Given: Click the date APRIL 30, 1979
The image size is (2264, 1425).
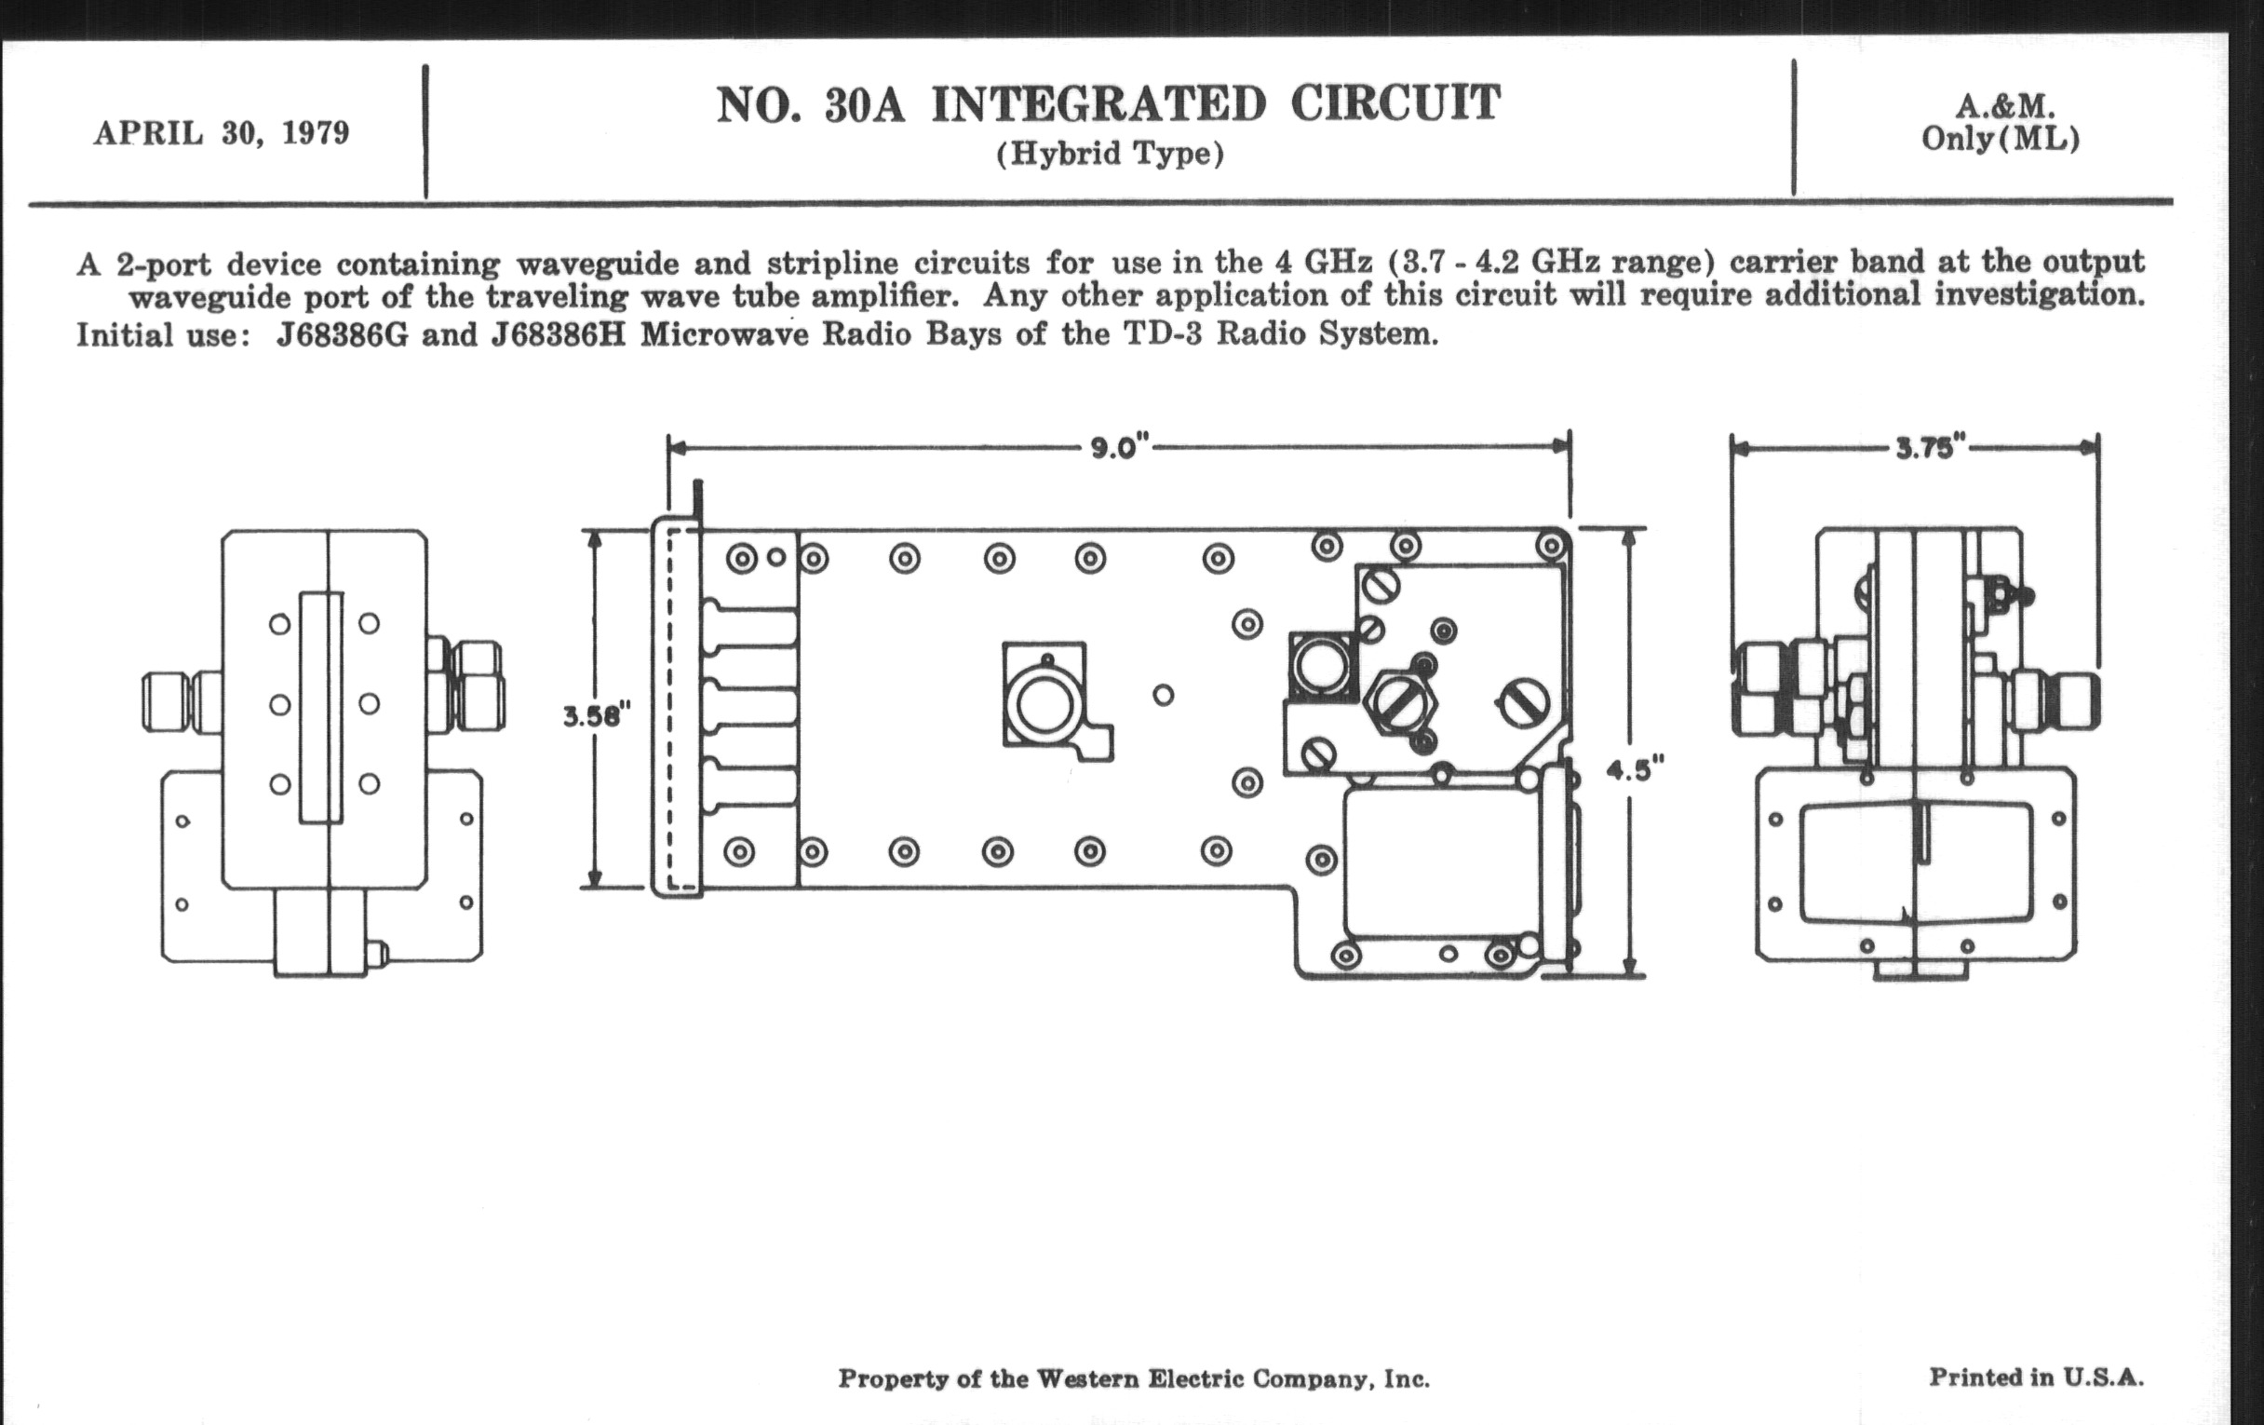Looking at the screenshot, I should [221, 133].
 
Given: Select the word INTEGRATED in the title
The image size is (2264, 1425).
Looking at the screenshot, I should [1098, 104].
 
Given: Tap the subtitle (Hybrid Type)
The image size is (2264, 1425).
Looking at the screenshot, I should [1111, 154].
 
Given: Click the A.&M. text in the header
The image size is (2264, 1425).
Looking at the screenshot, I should [2004, 105].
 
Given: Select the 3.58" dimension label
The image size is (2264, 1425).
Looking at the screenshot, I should [591, 717].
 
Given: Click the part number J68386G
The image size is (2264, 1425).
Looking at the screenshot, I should [343, 335].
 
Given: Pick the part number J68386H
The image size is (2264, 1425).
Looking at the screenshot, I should [559, 335].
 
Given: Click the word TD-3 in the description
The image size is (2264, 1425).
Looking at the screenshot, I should [1162, 335].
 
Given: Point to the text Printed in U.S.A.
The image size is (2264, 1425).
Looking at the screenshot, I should [2037, 1378].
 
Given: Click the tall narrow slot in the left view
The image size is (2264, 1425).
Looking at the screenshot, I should [320, 707].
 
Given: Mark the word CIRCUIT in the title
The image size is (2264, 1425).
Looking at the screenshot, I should [1395, 103].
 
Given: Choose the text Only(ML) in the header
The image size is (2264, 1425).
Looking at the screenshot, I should [2001, 139].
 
